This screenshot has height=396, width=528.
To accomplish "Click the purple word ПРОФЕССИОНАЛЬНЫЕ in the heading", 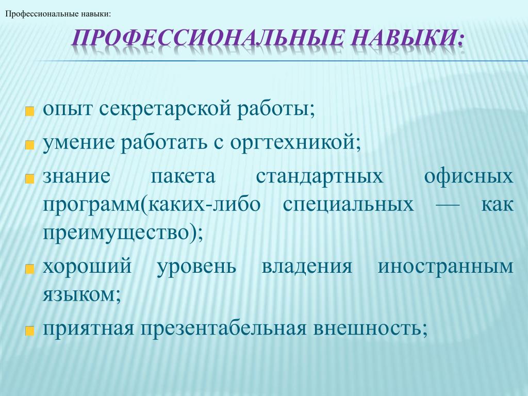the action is (x=208, y=37).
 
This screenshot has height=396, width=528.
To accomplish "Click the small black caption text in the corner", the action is (x=58, y=14).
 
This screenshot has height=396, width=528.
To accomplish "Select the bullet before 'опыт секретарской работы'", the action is (x=29, y=111).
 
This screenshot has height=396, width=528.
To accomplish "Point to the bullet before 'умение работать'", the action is (x=29, y=145).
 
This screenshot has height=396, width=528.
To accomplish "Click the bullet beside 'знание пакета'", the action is (x=29, y=178).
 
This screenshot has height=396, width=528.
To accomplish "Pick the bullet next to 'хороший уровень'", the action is (x=29, y=269).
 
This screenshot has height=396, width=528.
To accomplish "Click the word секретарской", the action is (x=166, y=110).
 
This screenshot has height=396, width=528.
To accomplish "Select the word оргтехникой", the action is (x=292, y=143).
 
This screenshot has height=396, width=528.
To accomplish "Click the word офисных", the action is (x=468, y=176).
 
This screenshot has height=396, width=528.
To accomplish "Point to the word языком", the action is (x=79, y=294).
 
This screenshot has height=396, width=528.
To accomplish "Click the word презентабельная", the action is (x=223, y=328).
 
